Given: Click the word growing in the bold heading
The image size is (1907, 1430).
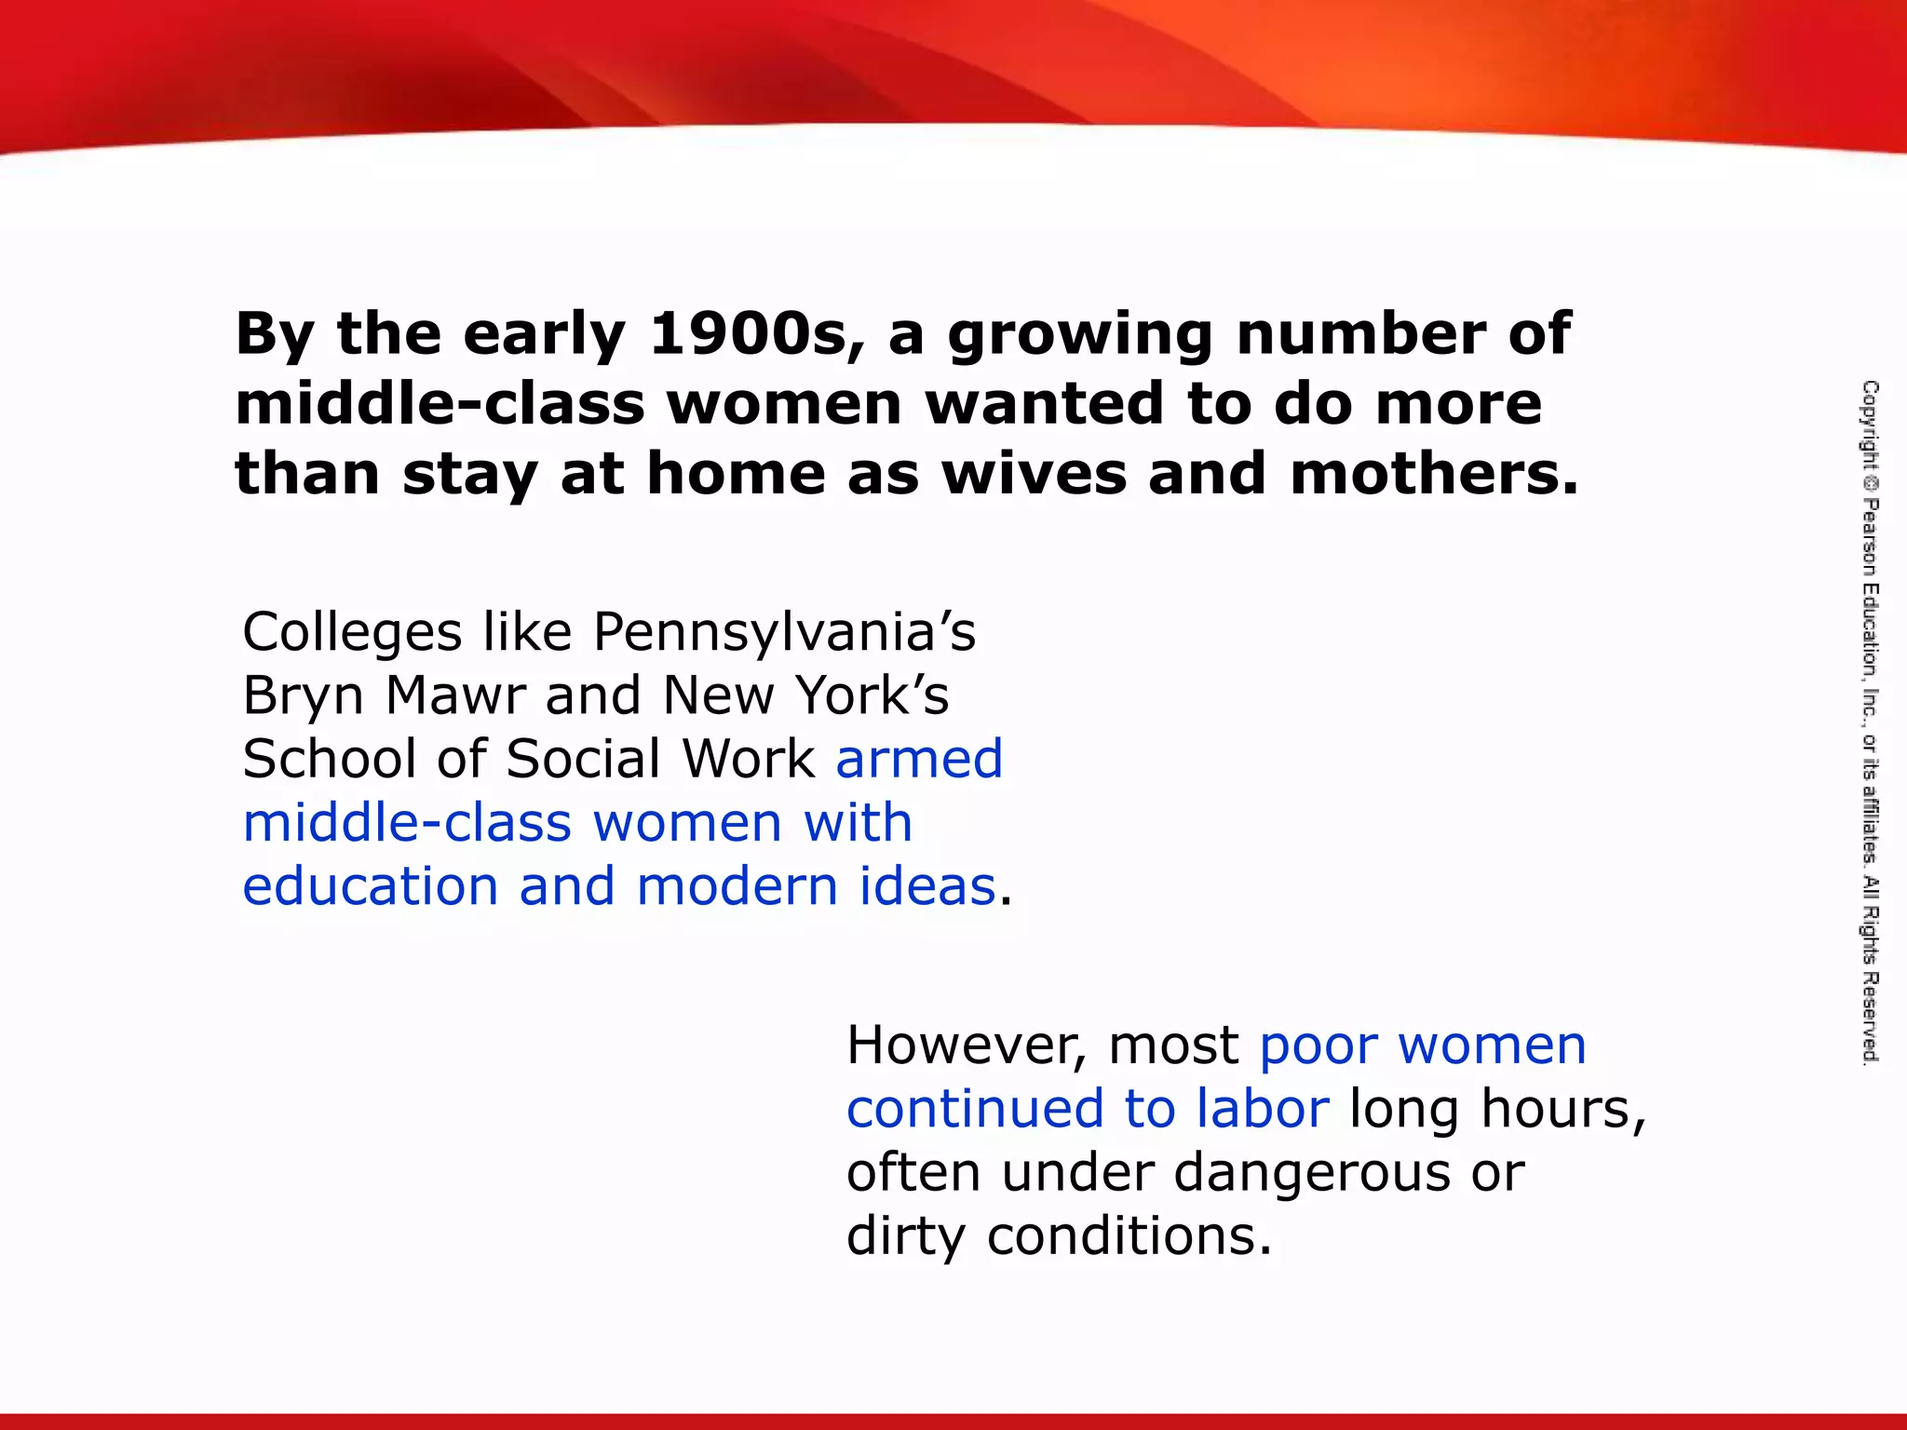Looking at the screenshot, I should point(1080,335).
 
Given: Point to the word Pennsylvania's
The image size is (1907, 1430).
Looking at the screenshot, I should point(784,633).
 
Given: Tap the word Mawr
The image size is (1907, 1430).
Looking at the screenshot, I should point(455,695).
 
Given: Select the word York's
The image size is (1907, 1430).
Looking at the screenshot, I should point(872,695).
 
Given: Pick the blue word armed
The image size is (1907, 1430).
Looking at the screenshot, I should point(919,758).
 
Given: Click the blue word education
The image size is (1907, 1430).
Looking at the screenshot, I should point(370,885).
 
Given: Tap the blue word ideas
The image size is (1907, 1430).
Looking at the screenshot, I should point(927,885).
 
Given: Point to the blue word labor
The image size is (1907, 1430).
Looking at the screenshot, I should point(1263,1109).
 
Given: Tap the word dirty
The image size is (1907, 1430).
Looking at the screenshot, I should point(905,1236).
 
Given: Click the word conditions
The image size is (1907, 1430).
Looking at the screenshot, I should point(1129,1236).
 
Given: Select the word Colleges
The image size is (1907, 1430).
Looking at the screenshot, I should point(352,633).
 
